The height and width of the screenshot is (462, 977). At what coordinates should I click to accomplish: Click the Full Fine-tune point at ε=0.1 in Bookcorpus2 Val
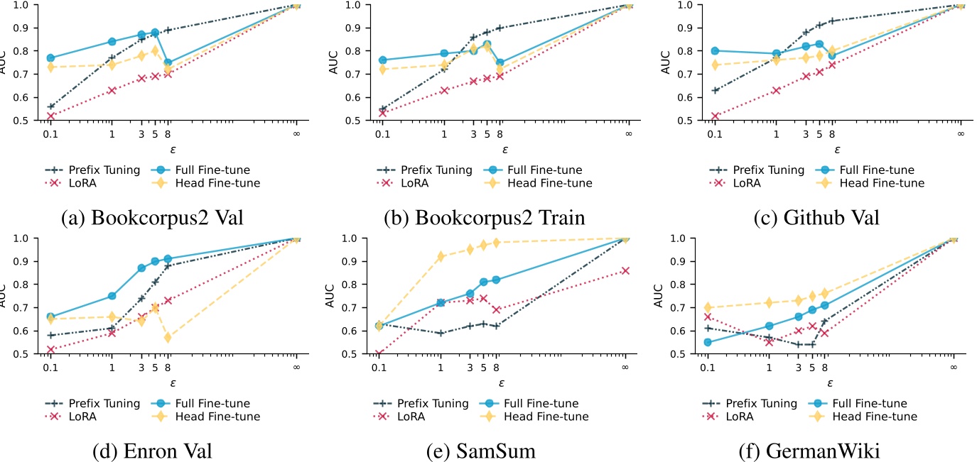(x=50, y=58)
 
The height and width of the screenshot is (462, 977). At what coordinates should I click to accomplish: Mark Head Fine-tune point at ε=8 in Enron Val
(x=168, y=338)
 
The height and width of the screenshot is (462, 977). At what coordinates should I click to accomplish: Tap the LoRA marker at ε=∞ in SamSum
(x=625, y=270)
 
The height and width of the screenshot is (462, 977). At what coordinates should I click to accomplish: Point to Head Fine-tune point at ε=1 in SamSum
(x=441, y=256)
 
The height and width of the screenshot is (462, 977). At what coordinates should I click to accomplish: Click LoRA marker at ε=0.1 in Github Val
(x=715, y=116)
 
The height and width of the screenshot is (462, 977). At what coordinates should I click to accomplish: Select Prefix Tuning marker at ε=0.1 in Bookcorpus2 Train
(x=382, y=109)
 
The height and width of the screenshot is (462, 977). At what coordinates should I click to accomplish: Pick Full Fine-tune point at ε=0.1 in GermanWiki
(x=707, y=342)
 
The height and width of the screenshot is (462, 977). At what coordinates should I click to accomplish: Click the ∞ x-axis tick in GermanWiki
(x=953, y=367)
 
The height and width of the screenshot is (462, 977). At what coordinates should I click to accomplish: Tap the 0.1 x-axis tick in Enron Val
(x=50, y=367)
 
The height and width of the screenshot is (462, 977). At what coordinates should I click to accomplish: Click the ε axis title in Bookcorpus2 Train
(x=505, y=149)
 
